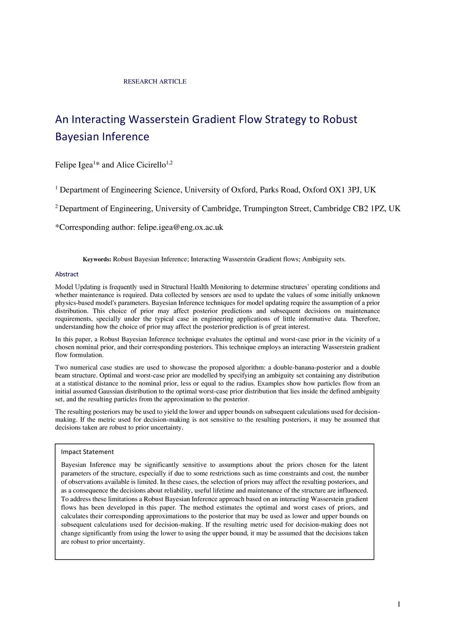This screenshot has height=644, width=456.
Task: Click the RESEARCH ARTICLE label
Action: point(155,81)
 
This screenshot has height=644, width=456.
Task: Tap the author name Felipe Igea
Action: point(74,165)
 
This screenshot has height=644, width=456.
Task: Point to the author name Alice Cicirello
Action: point(141,165)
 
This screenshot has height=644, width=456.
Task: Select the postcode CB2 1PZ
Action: point(369,209)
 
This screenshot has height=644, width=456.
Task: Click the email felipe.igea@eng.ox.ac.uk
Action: point(180,227)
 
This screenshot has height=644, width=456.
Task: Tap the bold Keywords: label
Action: point(97,259)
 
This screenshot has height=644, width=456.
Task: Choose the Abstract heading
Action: point(67,274)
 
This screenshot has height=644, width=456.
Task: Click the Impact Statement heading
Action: point(87,452)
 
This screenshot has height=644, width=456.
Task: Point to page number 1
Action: point(399,604)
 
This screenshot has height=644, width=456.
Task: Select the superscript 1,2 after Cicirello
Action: point(169,163)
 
